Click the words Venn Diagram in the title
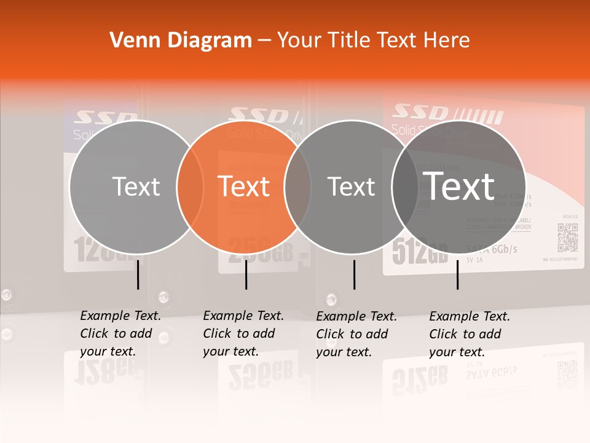[181, 41]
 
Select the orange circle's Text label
[244, 186]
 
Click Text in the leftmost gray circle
[136, 186]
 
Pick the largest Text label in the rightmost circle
[459, 186]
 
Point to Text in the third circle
[352, 186]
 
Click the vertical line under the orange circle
[246, 274]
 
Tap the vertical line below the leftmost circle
[138, 274]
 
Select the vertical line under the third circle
[354, 274]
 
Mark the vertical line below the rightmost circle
[458, 274]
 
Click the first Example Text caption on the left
[120, 333]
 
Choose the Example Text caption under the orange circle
[243, 333]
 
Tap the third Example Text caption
[356, 333]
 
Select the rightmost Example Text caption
[469, 333]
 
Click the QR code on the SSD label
[567, 237]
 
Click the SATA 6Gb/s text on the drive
[492, 249]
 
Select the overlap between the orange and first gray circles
[190, 186]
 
